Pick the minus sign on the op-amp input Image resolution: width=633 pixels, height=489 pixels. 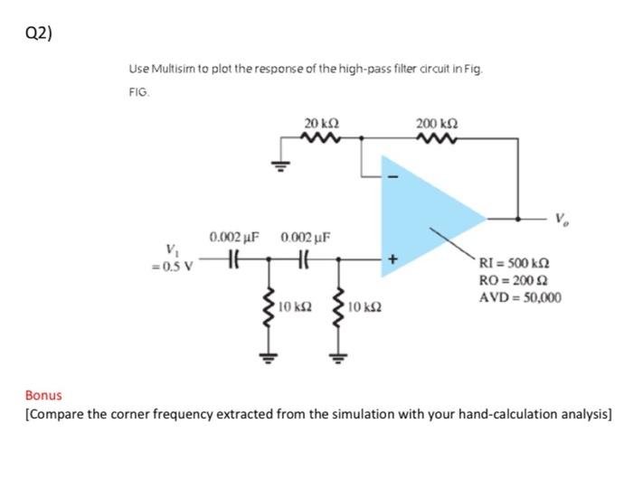pyautogui.click(x=392, y=176)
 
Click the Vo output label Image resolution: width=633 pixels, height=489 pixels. pyautogui.click(x=561, y=218)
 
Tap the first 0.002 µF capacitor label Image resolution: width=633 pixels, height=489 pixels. pyautogui.click(x=234, y=238)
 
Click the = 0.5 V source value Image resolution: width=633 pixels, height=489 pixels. pyautogui.click(x=172, y=264)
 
